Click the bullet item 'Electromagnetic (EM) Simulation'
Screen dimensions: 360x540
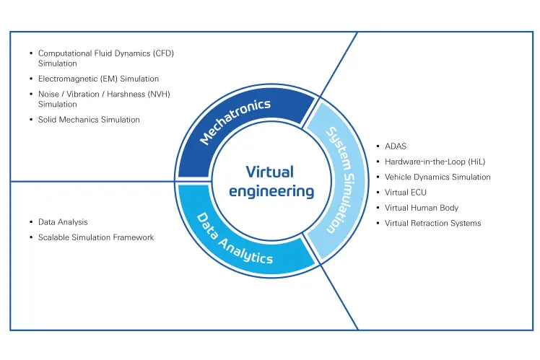98,79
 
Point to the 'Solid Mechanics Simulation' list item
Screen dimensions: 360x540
89,119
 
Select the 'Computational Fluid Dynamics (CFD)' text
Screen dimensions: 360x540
106,53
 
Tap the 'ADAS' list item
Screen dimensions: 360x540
396,146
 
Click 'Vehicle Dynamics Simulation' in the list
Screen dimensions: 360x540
437,177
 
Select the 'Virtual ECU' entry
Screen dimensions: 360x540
407,193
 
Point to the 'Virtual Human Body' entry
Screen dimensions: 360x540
422,208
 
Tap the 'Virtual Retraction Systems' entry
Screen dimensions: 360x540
432,223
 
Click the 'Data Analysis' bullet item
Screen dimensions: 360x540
63,222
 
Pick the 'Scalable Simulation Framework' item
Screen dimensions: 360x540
96,237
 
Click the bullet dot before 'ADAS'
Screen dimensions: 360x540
377,146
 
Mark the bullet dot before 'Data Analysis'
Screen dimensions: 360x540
30,222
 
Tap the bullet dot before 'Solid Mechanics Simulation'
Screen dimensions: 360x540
30,119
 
